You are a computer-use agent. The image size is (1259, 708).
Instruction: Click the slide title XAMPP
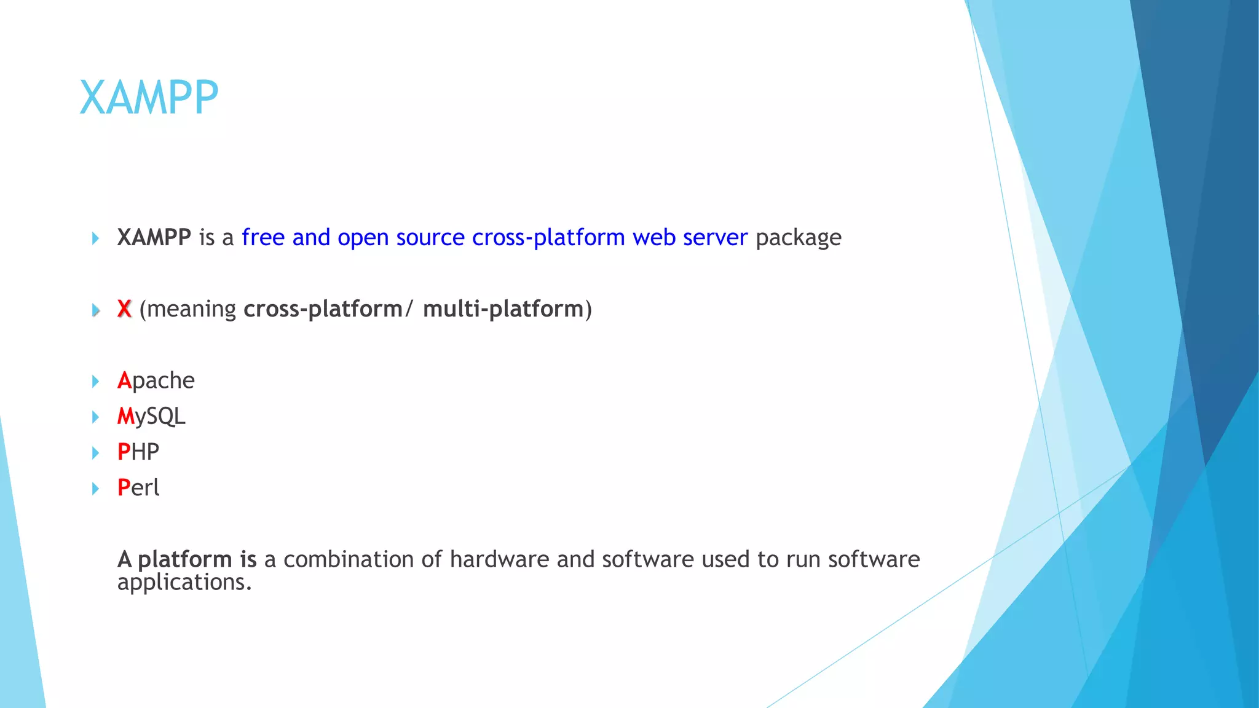[149, 98]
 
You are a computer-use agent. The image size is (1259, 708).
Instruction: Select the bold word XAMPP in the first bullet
[154, 237]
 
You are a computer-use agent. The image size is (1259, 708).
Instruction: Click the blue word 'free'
[263, 237]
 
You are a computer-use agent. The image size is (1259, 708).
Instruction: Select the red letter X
[124, 309]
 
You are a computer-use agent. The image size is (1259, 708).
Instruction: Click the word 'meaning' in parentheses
[191, 309]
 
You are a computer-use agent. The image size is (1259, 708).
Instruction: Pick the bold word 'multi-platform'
[503, 309]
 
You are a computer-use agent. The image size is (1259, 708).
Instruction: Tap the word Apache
[156, 381]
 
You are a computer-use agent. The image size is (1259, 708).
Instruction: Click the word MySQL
[151, 417]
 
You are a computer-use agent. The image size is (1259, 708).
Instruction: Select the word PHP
[138, 452]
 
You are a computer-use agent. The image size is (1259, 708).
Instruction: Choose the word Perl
[138, 488]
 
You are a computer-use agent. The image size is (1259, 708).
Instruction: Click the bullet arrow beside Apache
[95, 382]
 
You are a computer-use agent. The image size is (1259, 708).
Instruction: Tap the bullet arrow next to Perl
[95, 489]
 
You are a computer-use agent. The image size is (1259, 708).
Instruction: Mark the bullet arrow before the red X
[95, 310]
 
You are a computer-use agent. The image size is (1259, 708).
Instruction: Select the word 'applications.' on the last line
[184, 583]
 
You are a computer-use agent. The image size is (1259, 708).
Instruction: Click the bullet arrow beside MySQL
[95, 417]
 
